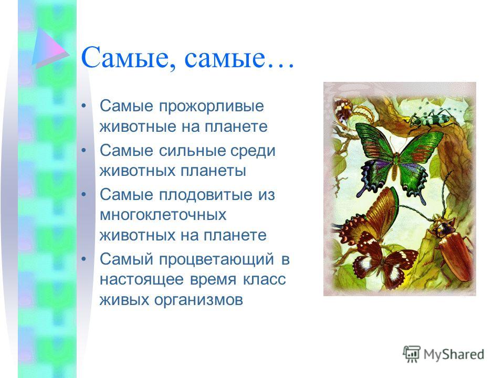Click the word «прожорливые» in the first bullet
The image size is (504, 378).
(x=211, y=107)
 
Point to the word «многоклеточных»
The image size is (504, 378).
(x=163, y=215)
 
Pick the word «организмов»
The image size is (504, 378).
(x=198, y=300)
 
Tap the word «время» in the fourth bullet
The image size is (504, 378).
(x=213, y=280)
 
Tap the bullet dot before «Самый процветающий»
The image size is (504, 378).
(x=84, y=258)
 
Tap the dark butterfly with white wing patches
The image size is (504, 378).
(x=384, y=260)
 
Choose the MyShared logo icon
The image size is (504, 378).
(x=412, y=354)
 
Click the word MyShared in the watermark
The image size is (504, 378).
(x=454, y=354)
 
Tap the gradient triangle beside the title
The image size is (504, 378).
(x=50, y=48)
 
